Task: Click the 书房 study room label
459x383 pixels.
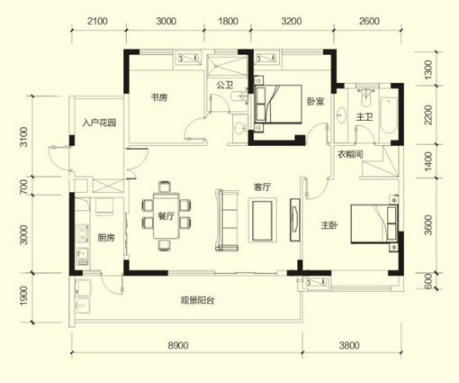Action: (x=159, y=97)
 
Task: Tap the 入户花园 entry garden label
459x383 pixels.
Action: (x=99, y=123)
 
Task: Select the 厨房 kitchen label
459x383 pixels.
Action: (x=106, y=238)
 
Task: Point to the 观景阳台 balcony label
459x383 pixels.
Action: (x=197, y=300)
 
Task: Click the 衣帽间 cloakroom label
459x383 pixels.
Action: (x=350, y=154)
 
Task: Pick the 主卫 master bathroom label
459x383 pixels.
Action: (x=364, y=116)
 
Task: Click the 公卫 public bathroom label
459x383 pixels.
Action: (x=225, y=86)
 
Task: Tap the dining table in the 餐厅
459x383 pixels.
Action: (x=166, y=216)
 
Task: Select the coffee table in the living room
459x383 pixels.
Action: (x=263, y=220)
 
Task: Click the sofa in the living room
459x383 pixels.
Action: (x=227, y=220)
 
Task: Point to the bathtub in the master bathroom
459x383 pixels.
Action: (x=389, y=115)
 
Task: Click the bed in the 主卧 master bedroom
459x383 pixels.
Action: (x=374, y=224)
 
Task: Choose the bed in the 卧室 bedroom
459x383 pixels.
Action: (x=278, y=105)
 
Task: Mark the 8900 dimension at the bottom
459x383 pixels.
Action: (x=178, y=345)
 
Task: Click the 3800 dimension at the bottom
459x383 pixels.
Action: (x=349, y=345)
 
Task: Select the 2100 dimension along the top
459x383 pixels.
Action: (x=97, y=22)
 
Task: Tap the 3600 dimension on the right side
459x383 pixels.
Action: (x=429, y=224)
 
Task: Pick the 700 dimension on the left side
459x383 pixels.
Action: (x=23, y=187)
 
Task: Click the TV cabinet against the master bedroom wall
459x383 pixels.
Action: (x=294, y=220)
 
